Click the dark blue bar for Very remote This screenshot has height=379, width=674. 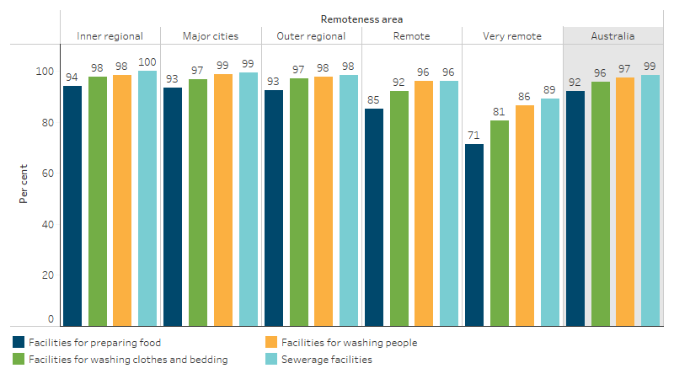click(474, 235)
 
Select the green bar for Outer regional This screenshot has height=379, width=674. click(299, 202)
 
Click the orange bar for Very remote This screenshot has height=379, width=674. click(525, 216)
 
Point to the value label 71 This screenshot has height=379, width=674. click(474, 135)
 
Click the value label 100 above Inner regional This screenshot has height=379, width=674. click(147, 61)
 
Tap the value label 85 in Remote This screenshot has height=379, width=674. click(374, 99)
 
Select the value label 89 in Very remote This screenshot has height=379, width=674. click(550, 89)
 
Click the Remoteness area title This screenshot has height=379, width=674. click(361, 18)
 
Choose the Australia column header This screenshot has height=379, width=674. click(612, 36)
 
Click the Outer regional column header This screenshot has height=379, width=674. click(311, 36)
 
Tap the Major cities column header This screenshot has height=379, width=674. click(211, 36)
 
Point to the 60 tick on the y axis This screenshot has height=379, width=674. click(48, 173)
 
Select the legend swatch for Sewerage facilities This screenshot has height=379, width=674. click(270, 360)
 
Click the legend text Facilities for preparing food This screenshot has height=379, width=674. click(94, 343)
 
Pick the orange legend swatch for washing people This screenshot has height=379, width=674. click(270, 343)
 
